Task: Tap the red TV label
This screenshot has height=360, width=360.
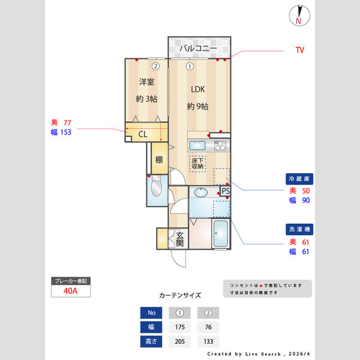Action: pyautogui.click(x=299, y=50)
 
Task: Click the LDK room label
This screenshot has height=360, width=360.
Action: pyautogui.click(x=198, y=89)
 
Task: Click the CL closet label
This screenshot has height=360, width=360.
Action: pyautogui.click(x=143, y=134)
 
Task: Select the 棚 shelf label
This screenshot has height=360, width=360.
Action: pyautogui.click(x=159, y=160)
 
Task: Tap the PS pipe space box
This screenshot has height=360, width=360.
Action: pyautogui.click(x=226, y=191)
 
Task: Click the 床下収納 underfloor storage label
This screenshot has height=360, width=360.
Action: pyautogui.click(x=197, y=163)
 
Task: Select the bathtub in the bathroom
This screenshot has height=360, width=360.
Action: pyautogui.click(x=221, y=235)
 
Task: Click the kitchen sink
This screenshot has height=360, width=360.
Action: pyautogui.click(x=197, y=145)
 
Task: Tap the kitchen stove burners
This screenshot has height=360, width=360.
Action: pyautogui.click(x=220, y=145)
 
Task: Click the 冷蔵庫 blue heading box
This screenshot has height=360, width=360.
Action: pyautogui.click(x=299, y=179)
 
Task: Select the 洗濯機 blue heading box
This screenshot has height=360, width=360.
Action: pyautogui.click(x=299, y=230)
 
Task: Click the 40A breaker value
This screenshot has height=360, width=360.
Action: pyautogui.click(x=71, y=292)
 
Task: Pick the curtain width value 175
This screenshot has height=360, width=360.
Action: pyautogui.click(x=179, y=327)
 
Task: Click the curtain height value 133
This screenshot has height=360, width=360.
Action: pyautogui.click(x=208, y=342)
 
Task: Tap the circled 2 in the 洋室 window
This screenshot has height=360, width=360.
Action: pyautogui.click(x=155, y=67)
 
